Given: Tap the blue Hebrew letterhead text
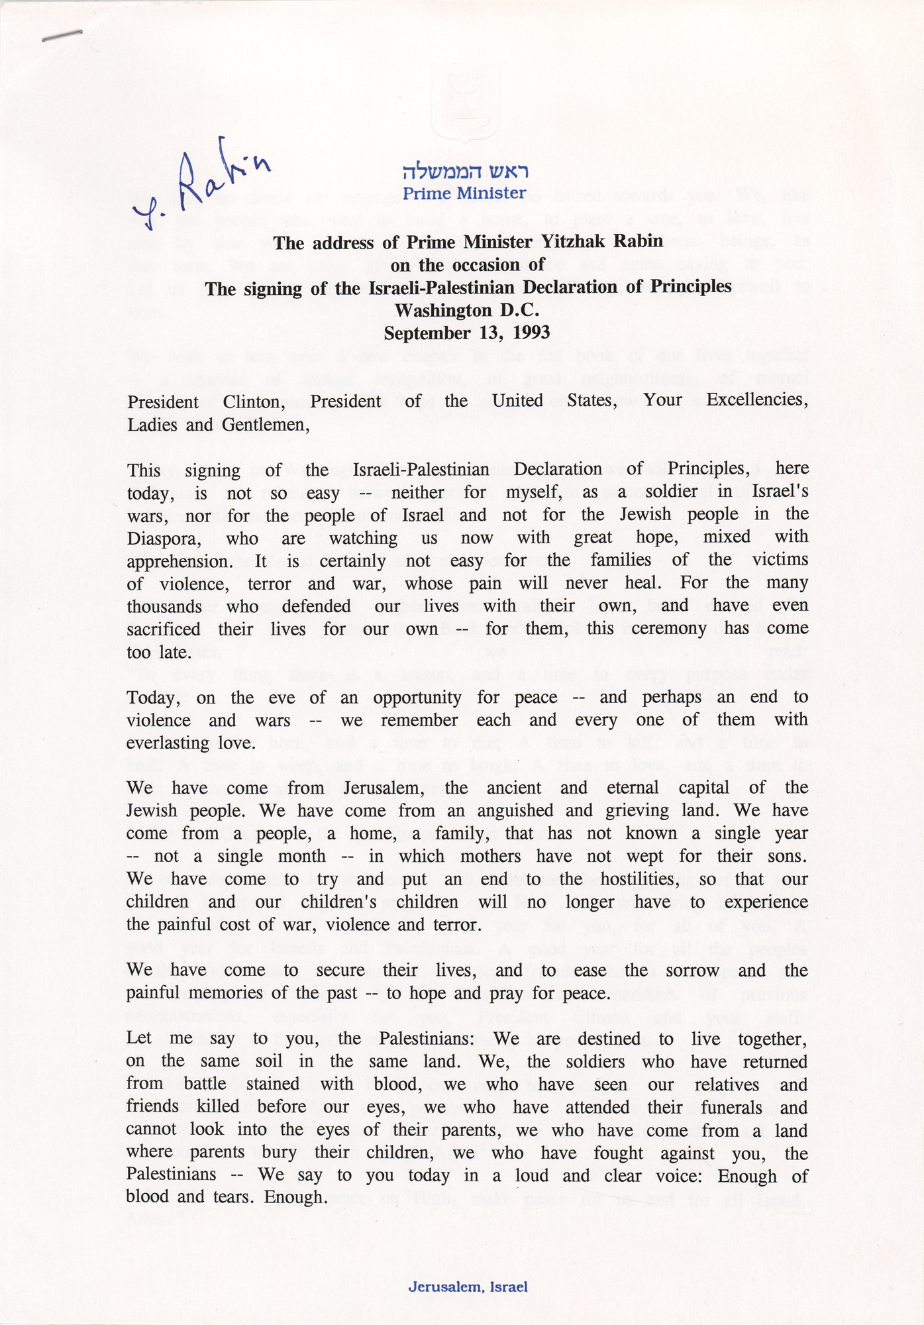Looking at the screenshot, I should click(466, 172).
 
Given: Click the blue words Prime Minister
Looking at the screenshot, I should click(464, 193).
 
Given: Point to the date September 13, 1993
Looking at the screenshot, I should click(467, 333).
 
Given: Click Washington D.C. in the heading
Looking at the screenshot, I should click(467, 310).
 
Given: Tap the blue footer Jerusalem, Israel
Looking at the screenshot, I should click(468, 1287).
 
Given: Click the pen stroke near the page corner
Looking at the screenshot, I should click(62, 36).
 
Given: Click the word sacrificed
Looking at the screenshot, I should click(164, 629).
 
